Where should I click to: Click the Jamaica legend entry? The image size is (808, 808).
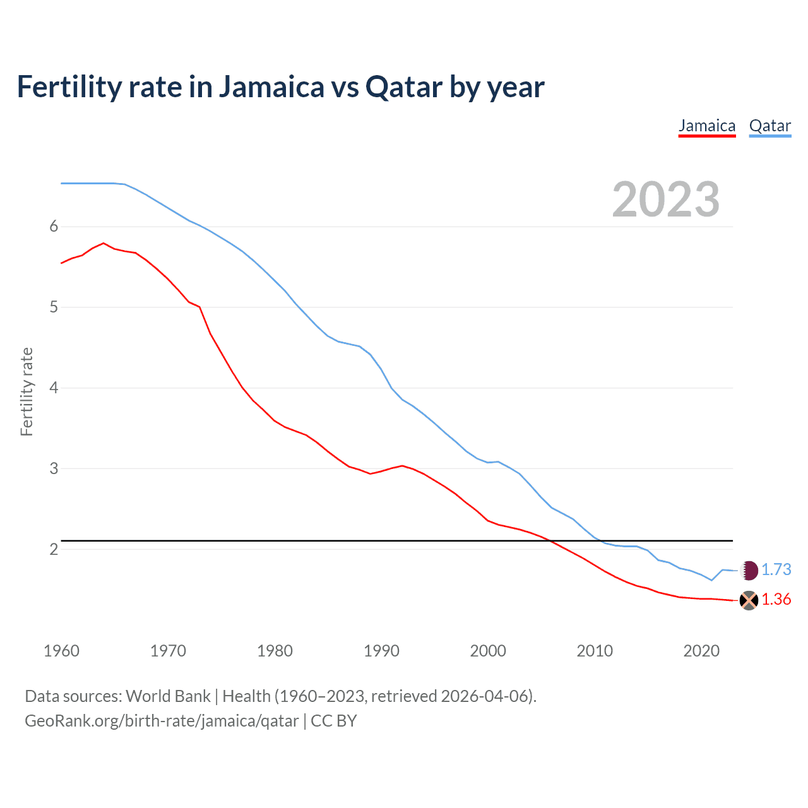[707, 126]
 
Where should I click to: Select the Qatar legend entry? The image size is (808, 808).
[769, 126]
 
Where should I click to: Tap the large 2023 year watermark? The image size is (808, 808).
[666, 199]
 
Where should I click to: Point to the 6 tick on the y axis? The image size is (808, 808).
[54, 227]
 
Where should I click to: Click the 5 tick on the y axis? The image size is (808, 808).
[54, 307]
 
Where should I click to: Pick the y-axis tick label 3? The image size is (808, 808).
[54, 468]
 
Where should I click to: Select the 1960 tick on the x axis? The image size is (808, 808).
[61, 651]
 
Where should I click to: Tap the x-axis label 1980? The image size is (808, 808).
[275, 651]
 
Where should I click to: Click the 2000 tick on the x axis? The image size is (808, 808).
[488, 651]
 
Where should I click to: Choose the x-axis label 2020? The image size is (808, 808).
[701, 651]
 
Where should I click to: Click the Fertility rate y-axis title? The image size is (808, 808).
[27, 391]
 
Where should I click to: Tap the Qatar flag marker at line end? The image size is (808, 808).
[749, 570]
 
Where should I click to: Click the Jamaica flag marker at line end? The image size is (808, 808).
[749, 600]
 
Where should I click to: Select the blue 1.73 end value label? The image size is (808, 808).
[776, 570]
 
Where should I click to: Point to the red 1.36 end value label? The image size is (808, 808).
[776, 600]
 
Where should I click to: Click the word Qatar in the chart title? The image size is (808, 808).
[404, 87]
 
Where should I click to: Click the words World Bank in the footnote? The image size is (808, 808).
[168, 696]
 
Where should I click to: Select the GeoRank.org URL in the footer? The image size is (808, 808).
[162, 721]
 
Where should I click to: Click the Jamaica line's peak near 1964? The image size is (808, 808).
[104, 243]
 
